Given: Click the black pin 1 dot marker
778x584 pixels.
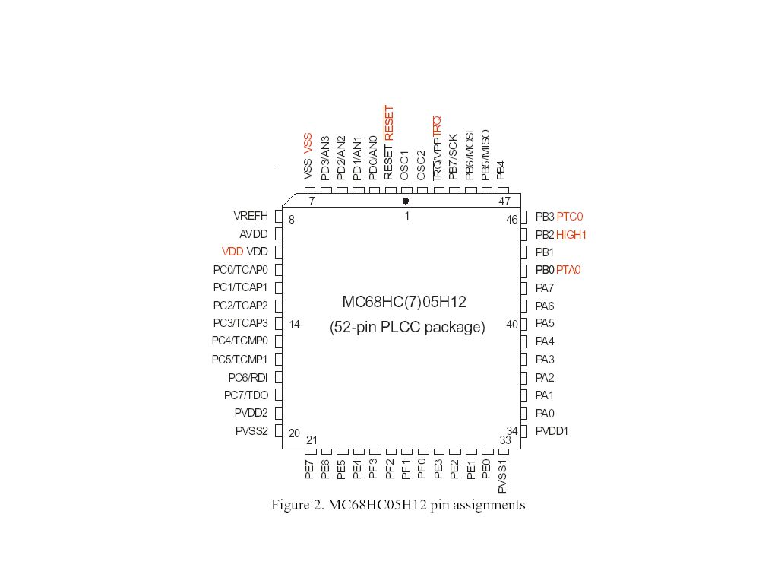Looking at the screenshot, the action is point(406,201).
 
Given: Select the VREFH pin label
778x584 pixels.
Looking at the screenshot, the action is point(251,216).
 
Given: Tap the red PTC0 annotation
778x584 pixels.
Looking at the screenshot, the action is point(570,217).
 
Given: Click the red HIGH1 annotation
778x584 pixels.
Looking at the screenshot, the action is point(571,235).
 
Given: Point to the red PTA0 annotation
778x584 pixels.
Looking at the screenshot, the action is point(568,270).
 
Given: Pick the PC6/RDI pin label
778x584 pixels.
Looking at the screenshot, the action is point(248,378).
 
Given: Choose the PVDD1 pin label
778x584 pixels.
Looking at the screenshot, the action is point(552,431).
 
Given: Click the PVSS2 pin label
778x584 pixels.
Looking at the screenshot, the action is point(251,431).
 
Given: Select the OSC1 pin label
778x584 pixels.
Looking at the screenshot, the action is point(404,165).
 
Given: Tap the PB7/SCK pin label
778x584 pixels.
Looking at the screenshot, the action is point(453,157).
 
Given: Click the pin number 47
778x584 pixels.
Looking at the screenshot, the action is point(504,201).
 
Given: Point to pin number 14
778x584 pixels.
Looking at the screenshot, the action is point(294,325).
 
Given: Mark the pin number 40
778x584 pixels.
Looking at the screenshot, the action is point(512,325).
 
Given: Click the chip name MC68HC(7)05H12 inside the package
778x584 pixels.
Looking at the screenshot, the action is point(404,302).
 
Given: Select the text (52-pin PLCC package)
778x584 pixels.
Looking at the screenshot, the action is point(407,327).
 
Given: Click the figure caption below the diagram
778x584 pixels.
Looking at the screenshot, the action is point(398,505).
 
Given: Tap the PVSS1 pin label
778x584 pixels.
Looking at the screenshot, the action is point(502,477).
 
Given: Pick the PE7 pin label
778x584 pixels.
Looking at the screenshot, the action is point(310,470).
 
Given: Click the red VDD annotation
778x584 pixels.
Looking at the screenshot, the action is point(232,252).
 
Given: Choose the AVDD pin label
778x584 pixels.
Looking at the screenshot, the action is point(254,234).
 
